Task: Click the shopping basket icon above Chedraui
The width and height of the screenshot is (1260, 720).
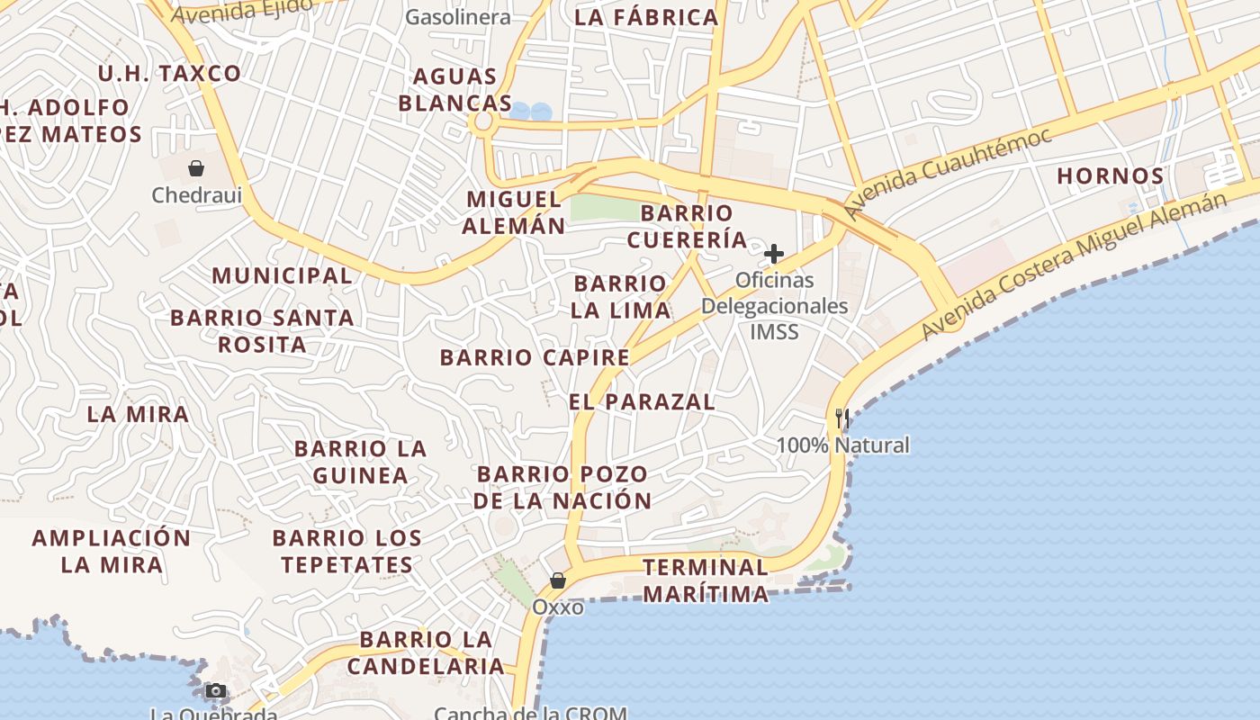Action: pos(195,167)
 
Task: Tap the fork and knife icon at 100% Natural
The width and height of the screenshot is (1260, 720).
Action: pos(841,418)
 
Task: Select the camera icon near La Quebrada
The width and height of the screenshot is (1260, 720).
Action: pos(215,691)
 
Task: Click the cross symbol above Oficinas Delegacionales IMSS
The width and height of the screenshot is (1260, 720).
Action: pos(773,254)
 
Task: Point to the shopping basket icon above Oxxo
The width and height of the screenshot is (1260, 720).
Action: pos(558,580)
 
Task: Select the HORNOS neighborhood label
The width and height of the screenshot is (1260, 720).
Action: pos(1110,175)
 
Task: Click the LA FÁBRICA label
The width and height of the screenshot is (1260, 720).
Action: pos(646,17)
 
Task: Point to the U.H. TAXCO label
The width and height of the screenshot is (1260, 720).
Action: pos(169,74)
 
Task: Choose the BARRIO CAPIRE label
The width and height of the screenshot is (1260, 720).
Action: pos(535,357)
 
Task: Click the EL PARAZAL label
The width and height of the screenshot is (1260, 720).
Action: pos(642,401)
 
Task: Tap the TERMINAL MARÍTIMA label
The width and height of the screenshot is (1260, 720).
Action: pos(706,580)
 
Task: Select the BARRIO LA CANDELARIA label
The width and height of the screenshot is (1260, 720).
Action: pos(426,653)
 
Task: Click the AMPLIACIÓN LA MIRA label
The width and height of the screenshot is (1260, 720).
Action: pos(112,552)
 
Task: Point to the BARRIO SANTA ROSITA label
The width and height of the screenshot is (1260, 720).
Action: pos(262,330)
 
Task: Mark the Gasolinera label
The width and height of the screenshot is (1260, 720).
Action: pos(457,17)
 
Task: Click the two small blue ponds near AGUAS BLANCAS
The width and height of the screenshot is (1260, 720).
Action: pos(530,112)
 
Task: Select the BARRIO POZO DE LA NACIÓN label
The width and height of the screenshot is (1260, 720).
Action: pos(562,487)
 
